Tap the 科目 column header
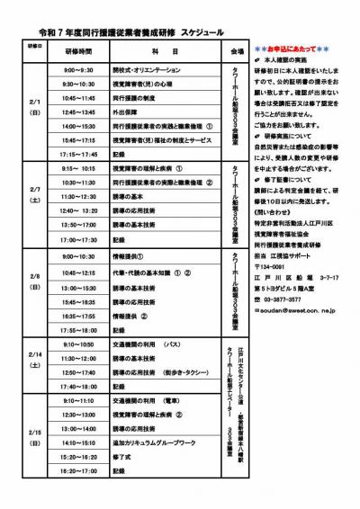click(157, 53)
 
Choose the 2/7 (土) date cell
click(34, 194)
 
